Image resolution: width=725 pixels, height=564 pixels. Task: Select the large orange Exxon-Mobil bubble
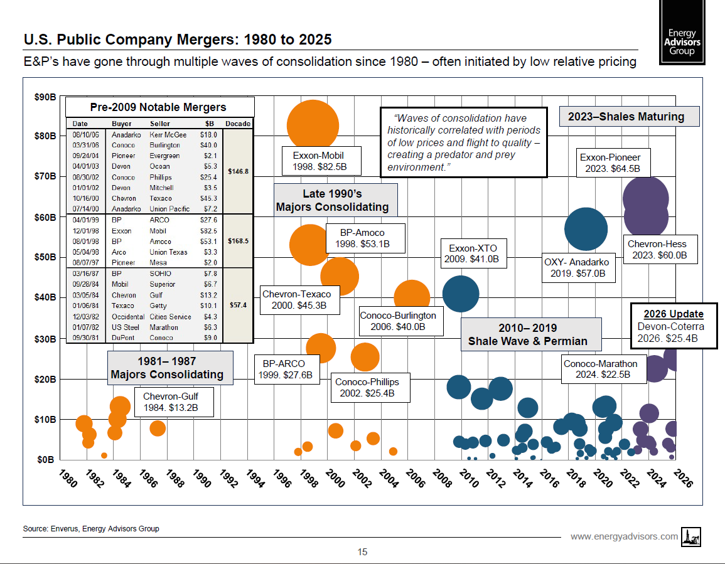click(312, 125)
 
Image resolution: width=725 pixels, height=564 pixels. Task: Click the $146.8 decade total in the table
click(239, 171)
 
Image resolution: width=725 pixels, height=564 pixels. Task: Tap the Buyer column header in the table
click(122, 124)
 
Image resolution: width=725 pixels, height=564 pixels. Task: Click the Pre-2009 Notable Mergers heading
click(158, 107)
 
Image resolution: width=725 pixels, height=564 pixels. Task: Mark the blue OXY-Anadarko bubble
click(586, 229)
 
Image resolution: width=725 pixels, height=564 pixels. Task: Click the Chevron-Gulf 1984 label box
click(175, 402)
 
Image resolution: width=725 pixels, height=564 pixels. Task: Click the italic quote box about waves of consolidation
click(463, 142)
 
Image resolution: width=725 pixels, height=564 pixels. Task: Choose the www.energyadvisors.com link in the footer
click(624, 536)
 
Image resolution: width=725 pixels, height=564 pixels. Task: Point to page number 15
click(362, 552)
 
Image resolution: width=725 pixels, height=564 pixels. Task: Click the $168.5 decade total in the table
click(239, 241)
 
